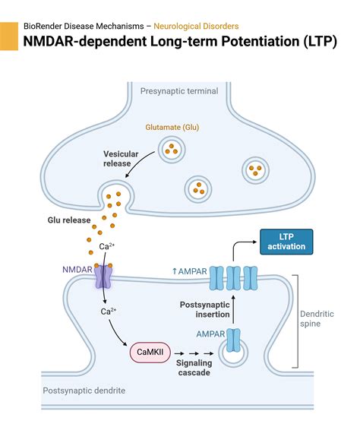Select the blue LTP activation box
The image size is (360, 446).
(x=286, y=241)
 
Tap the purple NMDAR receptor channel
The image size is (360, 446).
(x=102, y=277)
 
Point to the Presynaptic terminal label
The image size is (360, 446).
(x=178, y=91)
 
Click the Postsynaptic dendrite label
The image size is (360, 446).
(x=84, y=391)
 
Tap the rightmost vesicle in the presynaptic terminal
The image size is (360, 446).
(x=256, y=169)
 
